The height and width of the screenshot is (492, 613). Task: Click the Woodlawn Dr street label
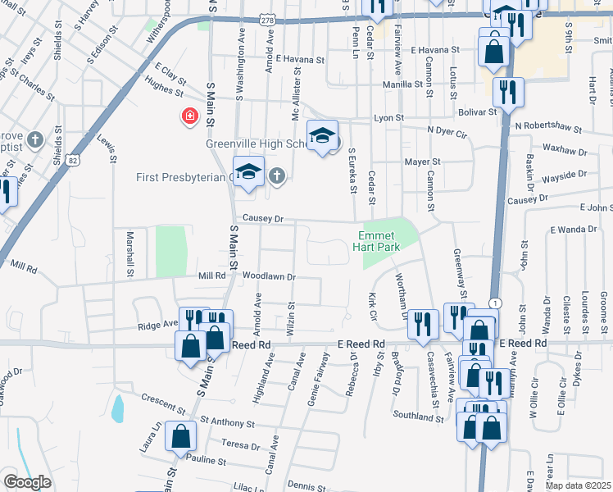tap(269, 277)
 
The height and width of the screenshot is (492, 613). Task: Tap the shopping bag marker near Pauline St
tap(180, 437)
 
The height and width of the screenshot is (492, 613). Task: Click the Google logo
tap(27, 482)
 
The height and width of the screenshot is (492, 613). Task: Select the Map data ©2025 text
tap(577, 485)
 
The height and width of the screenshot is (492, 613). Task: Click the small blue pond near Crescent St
tap(117, 407)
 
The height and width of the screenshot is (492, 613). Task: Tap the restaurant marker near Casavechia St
tap(424, 323)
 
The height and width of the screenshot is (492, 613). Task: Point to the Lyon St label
tap(389, 118)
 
